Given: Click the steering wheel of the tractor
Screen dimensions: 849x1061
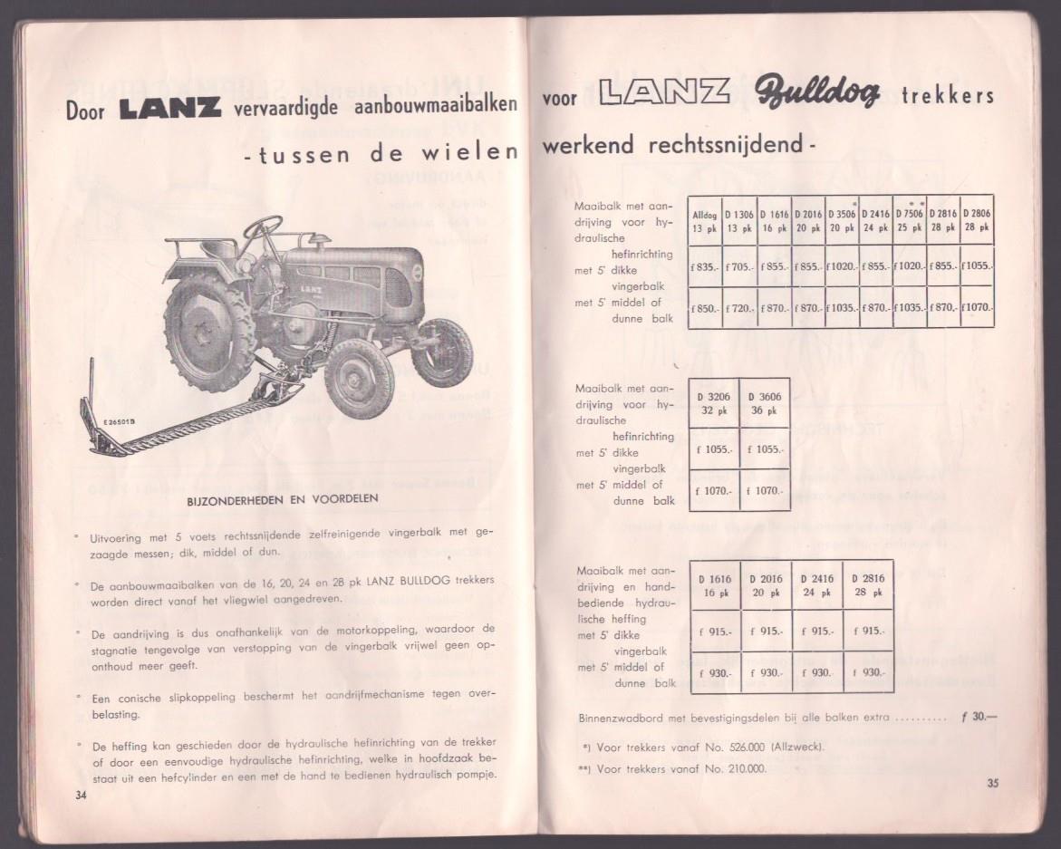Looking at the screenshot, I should pos(264,226).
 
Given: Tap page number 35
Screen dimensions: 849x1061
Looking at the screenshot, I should pos(992,784).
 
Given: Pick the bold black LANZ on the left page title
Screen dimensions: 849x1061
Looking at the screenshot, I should pos(169,109).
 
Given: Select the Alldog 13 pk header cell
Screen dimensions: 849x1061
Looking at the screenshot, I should pos(704,221).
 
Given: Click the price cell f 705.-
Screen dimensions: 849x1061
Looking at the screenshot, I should pos(738,267).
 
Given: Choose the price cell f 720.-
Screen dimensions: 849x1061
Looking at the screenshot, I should pos(738,308).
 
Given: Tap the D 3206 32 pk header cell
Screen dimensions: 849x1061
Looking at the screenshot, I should pos(713,403).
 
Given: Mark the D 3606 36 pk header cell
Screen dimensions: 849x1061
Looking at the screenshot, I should pos(764,403).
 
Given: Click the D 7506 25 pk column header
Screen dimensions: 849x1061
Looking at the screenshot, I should pos(909,221).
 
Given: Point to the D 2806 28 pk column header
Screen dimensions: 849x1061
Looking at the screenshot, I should pos(977,221).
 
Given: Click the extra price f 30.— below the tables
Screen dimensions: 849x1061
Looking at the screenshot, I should pos(978,718).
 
